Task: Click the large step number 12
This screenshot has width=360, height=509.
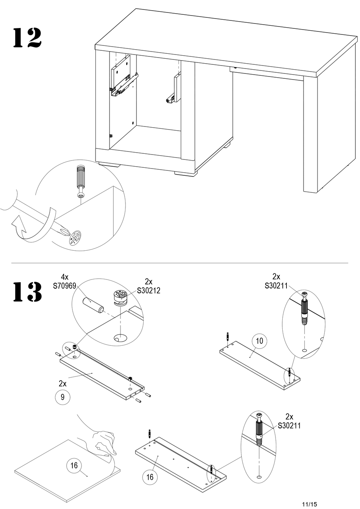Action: [27, 38]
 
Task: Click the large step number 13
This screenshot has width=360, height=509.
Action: [27, 292]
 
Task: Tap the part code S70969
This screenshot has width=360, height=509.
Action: [64, 286]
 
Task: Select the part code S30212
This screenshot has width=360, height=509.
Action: [149, 290]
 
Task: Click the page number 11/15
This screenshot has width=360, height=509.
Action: [310, 504]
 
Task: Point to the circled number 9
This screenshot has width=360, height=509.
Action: [63, 397]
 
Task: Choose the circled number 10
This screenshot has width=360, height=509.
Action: [260, 341]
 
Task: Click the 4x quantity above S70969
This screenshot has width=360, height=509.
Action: [64, 277]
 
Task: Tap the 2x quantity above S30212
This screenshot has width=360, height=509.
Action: [149, 282]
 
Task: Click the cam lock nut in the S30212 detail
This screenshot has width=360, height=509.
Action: [120, 298]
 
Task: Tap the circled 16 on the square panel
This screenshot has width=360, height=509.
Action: [74, 465]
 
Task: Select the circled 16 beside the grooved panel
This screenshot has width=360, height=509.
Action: [150, 477]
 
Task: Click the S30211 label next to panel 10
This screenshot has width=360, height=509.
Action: [276, 286]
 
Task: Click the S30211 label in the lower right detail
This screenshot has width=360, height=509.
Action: [289, 425]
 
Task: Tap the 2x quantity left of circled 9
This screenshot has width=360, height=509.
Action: [63, 384]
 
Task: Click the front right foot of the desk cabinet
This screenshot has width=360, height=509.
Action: [186, 173]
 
